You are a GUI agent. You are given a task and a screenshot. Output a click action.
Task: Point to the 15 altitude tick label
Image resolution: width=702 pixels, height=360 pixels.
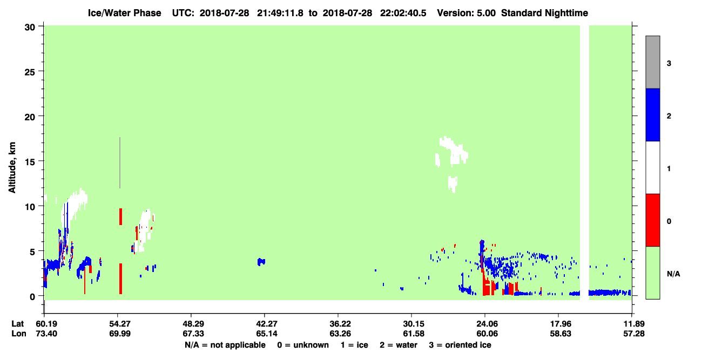click(30, 162)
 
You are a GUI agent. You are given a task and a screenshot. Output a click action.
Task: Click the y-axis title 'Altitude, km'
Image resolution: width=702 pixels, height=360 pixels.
click(12, 167)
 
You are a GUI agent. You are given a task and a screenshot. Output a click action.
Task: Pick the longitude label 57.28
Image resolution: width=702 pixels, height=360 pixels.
click(633, 334)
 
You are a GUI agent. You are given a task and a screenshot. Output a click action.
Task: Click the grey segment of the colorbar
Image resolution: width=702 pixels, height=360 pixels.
click(652, 62)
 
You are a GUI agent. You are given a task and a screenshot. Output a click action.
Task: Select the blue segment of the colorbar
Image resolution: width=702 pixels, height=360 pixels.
click(652, 114)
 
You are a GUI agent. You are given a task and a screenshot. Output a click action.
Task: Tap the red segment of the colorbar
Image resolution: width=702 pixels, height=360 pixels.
click(652, 220)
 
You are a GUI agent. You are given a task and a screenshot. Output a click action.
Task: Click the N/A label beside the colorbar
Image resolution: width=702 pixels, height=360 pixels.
click(673, 274)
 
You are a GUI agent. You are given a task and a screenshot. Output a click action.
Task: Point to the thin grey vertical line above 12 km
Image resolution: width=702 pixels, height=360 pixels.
click(120, 162)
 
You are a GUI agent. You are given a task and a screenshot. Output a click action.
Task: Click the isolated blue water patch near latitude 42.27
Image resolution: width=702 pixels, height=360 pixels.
click(261, 262)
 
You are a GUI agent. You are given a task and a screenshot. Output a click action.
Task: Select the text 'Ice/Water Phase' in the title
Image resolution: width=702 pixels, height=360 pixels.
click(124, 13)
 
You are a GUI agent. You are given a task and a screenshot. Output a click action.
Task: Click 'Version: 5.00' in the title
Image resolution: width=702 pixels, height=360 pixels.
click(467, 13)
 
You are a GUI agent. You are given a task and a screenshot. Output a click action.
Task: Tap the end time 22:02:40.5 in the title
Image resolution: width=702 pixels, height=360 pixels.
click(403, 13)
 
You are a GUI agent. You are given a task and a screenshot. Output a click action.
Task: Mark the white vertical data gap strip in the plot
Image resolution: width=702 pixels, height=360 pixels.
click(584, 162)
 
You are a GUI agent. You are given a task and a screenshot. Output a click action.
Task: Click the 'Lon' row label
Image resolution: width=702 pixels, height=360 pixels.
click(19, 334)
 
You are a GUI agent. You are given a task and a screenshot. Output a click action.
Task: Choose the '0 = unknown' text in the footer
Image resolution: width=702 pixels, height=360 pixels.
click(303, 345)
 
